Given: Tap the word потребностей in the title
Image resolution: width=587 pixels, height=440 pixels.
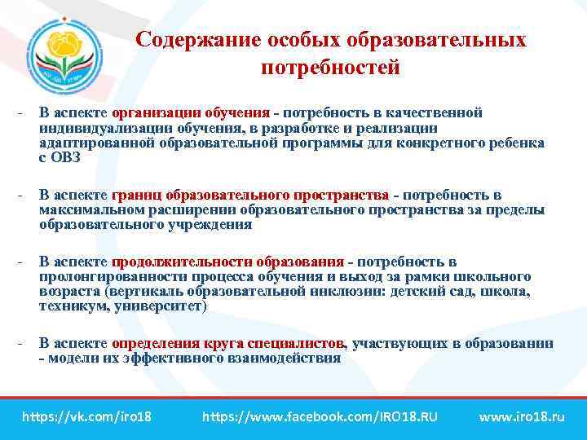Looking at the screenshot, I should pyautogui.click(x=330, y=68).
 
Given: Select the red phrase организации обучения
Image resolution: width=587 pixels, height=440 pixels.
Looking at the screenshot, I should pyautogui.click(x=191, y=112).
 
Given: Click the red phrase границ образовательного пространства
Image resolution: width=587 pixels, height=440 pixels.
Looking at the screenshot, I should pyautogui.click(x=250, y=196).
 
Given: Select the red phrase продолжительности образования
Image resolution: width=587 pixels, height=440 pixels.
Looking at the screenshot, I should pyautogui.click(x=227, y=262).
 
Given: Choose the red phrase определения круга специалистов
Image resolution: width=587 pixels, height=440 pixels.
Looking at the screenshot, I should pyautogui.click(x=229, y=343).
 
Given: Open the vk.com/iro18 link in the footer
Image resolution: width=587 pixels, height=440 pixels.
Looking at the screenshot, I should pyautogui.click(x=86, y=417).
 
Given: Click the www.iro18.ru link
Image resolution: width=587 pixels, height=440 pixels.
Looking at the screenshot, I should pyautogui.click(x=521, y=417).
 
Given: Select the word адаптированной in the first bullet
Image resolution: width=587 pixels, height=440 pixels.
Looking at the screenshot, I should pyautogui.click(x=87, y=143).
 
